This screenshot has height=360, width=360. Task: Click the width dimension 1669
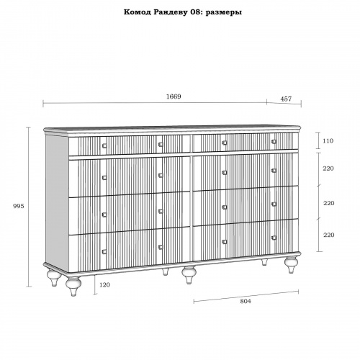tap(174, 96)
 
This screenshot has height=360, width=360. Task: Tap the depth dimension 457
tap(286, 99)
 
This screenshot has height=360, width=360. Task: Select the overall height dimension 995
tap(19, 206)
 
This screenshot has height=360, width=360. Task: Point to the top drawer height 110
tap(328, 140)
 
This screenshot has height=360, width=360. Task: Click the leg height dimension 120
tap(104, 285)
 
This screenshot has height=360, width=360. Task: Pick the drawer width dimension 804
tap(246, 301)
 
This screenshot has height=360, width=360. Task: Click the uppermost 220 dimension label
tap(328, 168)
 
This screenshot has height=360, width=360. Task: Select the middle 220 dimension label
tap(328, 203)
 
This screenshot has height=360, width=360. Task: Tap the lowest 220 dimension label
tap(328, 235)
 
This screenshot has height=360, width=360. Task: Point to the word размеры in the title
tap(224, 12)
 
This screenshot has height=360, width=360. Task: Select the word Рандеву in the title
tap(170, 12)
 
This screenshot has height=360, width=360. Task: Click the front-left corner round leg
tap(73, 286)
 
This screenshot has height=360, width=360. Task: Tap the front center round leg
tap(189, 275)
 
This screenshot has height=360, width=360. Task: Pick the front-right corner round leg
tap(291, 264)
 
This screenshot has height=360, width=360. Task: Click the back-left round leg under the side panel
tap(54, 278)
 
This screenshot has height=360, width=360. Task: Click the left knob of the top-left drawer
tap(104, 145)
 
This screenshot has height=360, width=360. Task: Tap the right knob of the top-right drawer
tap(274, 141)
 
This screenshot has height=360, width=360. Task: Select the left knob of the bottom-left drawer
tap(104, 251)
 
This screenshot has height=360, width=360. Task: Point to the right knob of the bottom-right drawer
tap(274, 238)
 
